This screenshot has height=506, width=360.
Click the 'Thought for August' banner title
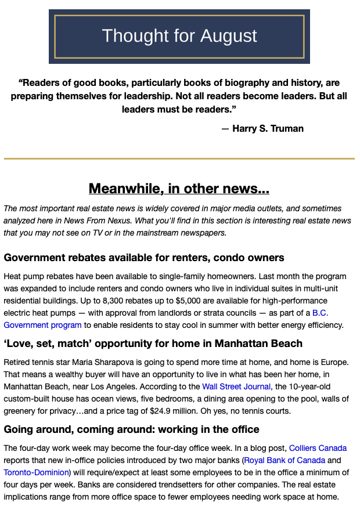tap(179, 36)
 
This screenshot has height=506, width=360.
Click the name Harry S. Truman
tap(268, 128)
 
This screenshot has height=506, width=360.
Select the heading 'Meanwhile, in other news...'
tap(179, 189)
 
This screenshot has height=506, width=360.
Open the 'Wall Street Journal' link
tap(236, 386)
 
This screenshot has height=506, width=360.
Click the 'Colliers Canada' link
tap(318, 448)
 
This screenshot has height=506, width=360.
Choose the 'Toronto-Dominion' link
tap(36, 472)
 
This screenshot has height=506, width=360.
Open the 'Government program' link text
tap(42, 325)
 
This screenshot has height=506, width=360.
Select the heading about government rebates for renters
tap(144, 257)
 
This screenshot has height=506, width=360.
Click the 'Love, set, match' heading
tap(153, 344)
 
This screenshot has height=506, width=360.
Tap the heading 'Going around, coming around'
tap(131, 429)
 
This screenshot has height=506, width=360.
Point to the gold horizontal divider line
tap(179, 158)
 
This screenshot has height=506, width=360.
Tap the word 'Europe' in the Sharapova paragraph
tap(333, 362)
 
